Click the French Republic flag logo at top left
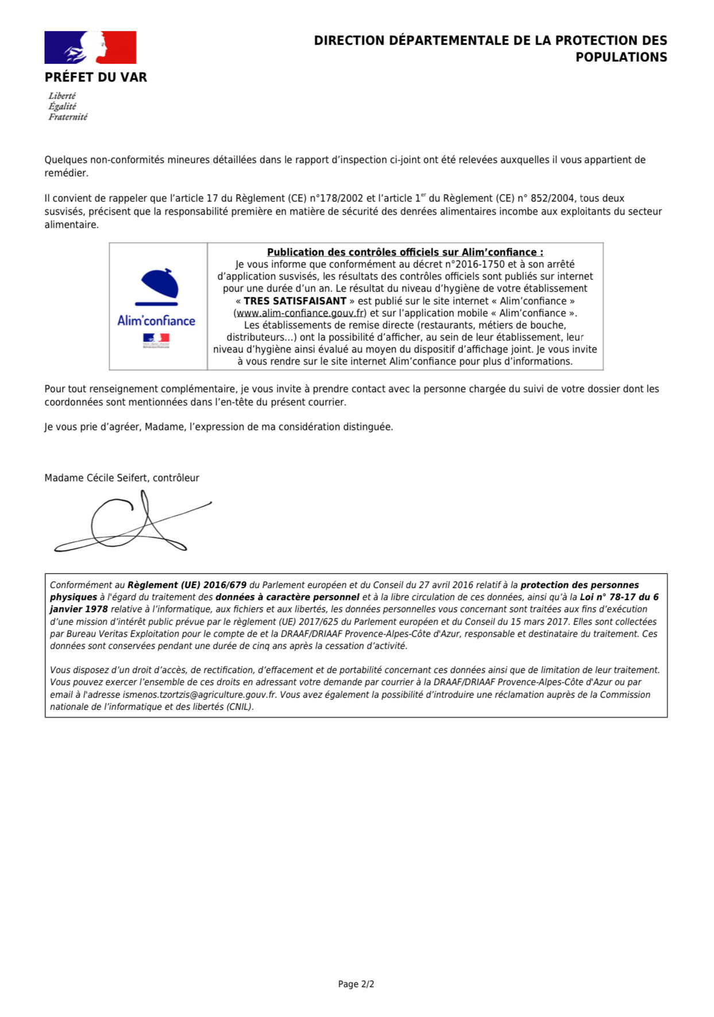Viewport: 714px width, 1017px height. (90, 47)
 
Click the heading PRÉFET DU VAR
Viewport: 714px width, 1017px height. (96, 77)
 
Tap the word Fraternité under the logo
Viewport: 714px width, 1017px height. (68, 117)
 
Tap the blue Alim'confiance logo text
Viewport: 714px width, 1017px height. (156, 320)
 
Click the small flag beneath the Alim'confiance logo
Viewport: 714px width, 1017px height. (156, 338)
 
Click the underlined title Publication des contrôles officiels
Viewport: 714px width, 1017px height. (405, 252)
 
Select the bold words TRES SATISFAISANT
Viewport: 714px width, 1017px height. (295, 301)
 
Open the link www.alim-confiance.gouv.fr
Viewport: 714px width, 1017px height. (300, 313)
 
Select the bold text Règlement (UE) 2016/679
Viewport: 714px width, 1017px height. (187, 585)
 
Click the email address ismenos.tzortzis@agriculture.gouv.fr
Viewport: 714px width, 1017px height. (199, 694)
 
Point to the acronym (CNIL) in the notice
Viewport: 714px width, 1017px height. (240, 707)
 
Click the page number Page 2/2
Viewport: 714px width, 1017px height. (356, 984)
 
